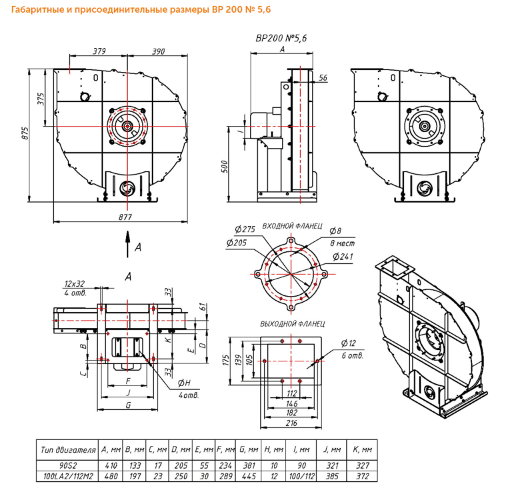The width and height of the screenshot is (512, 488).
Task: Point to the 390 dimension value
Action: [x=159, y=52]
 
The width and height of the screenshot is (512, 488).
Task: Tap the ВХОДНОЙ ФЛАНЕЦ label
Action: [x=293, y=226]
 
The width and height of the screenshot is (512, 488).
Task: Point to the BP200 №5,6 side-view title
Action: [x=281, y=39]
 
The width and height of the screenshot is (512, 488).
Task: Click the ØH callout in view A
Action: [x=185, y=383]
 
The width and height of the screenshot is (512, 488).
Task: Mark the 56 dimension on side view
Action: [x=323, y=78]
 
